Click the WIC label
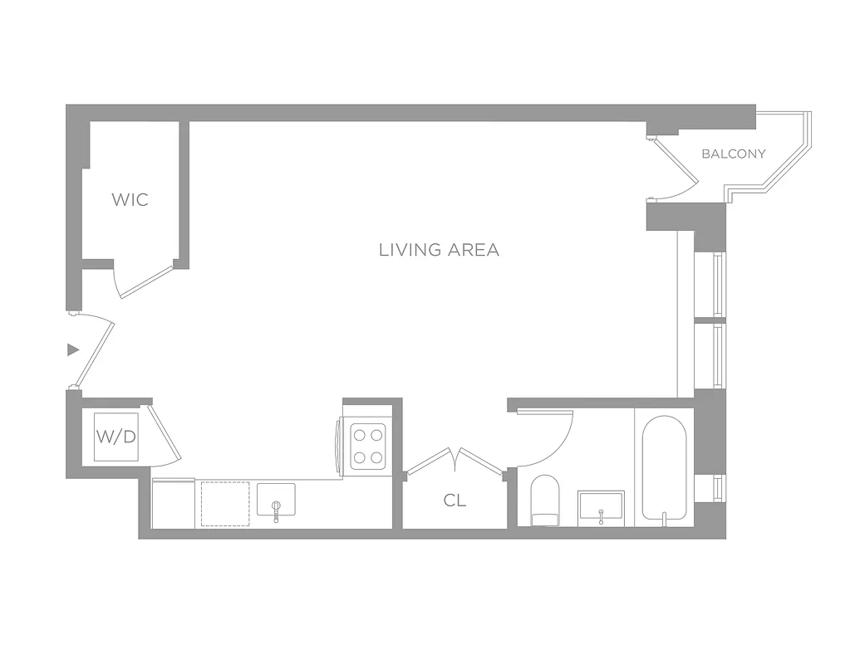coord(130,199)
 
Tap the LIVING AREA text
coord(439,250)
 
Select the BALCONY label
coord(734,154)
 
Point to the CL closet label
coord(455,500)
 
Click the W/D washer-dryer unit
coord(116,436)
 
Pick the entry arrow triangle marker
coord(73,350)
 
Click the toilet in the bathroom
coord(546,500)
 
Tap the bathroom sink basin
coord(601,505)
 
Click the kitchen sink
coord(276,500)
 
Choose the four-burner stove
coord(368,447)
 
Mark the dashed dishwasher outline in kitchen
coord(225,503)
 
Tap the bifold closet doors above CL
coord(455,462)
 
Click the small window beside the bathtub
coord(719,486)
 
